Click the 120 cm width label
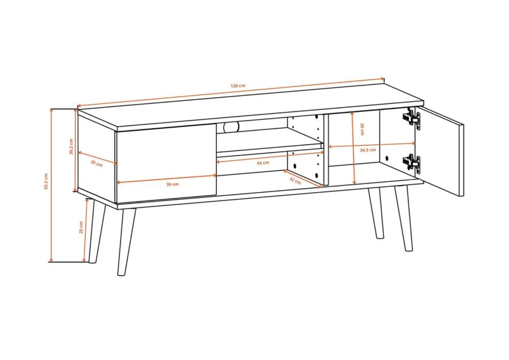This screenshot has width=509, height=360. coord(238,86)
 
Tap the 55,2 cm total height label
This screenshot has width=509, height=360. coord(47,181)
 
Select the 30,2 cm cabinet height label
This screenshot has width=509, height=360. coord(71,146)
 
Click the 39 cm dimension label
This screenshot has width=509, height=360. coord(172,185)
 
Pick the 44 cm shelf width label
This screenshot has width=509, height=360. coord(262,163)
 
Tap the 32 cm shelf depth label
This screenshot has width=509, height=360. coord(295,181)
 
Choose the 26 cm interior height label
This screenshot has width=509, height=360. coord(362,129)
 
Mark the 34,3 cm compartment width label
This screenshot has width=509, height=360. coord(368,150)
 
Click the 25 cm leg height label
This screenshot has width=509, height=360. coord(81,227)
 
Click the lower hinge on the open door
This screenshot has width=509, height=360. coord(411,164)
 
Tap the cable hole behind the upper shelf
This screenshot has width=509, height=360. coord(231,127)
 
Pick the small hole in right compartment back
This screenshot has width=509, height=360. coord(387,158)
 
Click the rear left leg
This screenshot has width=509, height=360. coord(96,231)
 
